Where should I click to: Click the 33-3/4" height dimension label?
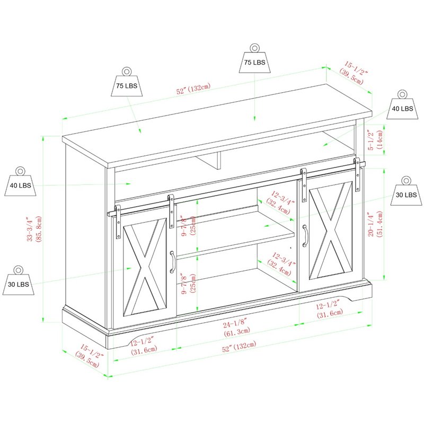34,229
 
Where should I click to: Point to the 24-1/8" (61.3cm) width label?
236,327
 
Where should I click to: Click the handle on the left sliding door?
172,262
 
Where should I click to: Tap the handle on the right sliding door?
305,236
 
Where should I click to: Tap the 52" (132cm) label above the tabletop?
193,89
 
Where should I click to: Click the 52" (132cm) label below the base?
239,346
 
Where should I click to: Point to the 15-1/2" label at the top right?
354,73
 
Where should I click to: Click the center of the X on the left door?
145,267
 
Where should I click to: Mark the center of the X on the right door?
331,231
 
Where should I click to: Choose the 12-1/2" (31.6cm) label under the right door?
329,309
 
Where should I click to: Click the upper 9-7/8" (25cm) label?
189,226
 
